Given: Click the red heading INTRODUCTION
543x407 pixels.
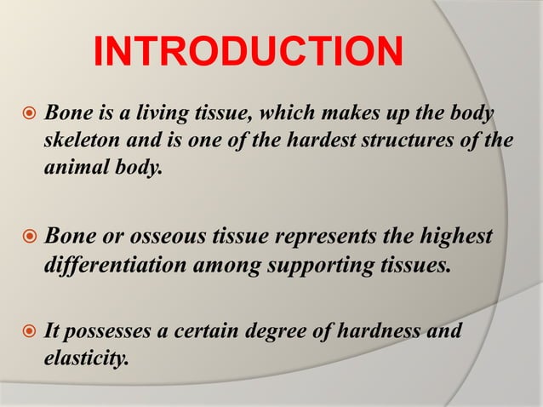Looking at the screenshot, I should click(x=248, y=53).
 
